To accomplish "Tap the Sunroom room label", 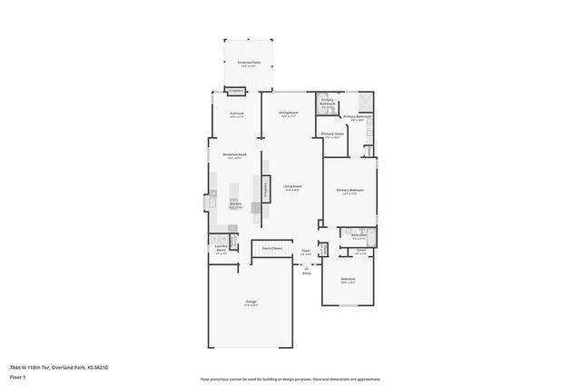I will (x=237, y=114).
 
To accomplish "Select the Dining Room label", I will (x=290, y=114).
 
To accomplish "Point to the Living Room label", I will (x=291, y=187).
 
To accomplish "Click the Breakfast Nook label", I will (x=235, y=155).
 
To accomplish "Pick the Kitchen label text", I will (x=234, y=205).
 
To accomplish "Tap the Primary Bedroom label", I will (x=350, y=191).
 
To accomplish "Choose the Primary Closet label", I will (x=332, y=135).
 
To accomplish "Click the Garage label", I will (x=251, y=303).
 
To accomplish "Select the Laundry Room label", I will (x=221, y=249).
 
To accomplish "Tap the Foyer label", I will (x=307, y=252).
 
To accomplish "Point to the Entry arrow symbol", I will (x=307, y=269).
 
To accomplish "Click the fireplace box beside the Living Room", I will (x=266, y=189).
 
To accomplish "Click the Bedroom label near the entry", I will (x=347, y=280).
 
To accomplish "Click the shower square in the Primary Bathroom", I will (x=365, y=102).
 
